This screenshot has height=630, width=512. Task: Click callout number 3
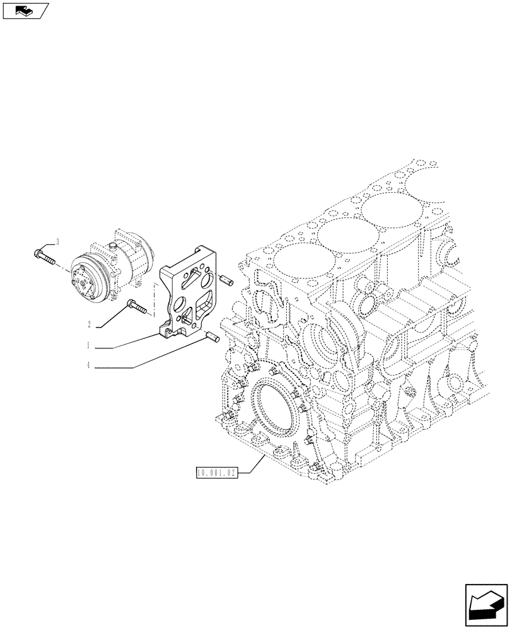coord(57,241)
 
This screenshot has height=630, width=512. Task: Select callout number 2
coord(90,324)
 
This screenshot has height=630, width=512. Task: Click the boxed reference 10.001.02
coord(216,472)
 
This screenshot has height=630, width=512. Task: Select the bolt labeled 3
coord(42,256)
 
